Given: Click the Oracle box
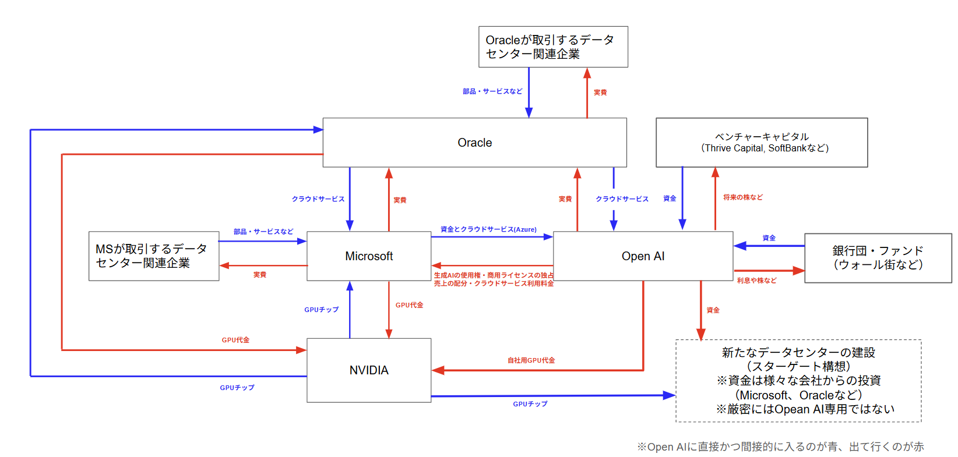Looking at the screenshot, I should click(474, 143).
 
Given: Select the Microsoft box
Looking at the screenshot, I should click(369, 256).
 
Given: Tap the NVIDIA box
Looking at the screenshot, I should click(369, 370).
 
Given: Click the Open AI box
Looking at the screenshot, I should click(643, 256).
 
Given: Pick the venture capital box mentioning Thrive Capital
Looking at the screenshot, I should click(762, 143).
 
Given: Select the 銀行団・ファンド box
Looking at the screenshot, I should click(878, 258).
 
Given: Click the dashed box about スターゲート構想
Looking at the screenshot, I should click(798, 381).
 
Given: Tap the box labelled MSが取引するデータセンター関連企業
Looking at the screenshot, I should click(154, 256).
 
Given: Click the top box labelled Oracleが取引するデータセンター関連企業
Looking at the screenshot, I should click(553, 47).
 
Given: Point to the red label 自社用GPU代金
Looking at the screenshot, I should click(531, 360).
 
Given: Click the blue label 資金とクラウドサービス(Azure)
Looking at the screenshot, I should click(488, 229).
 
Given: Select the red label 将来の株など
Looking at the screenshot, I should click(743, 197).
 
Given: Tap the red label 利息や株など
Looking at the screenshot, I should click(756, 281).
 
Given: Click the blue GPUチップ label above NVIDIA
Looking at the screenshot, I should click(321, 310).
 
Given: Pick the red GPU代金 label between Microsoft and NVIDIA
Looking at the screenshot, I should click(409, 305).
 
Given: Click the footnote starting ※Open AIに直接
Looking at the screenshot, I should click(780, 447).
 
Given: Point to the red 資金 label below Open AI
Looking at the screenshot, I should click(713, 310).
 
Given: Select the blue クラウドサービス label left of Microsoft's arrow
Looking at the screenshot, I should click(318, 199).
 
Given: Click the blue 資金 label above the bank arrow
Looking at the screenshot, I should click(769, 238).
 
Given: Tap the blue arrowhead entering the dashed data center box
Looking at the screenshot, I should click(670, 395).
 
